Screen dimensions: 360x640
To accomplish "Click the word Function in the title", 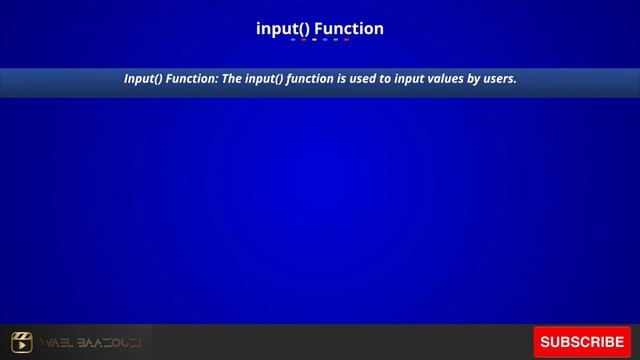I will coord(349,28).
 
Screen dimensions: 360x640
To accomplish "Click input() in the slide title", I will coord(283,28).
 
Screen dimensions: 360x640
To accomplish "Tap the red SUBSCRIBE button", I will coord(582,342).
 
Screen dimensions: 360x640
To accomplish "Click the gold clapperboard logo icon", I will coord(22,343).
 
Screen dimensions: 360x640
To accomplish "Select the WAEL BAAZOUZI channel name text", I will coord(91,343).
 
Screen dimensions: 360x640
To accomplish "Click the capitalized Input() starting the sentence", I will coord(144,78).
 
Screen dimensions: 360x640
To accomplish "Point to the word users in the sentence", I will coord(498,78).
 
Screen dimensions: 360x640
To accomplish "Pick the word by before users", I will coord(467,78).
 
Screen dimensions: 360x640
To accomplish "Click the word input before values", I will coord(402,78).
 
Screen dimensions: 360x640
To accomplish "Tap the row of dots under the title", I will coord(320,41).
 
